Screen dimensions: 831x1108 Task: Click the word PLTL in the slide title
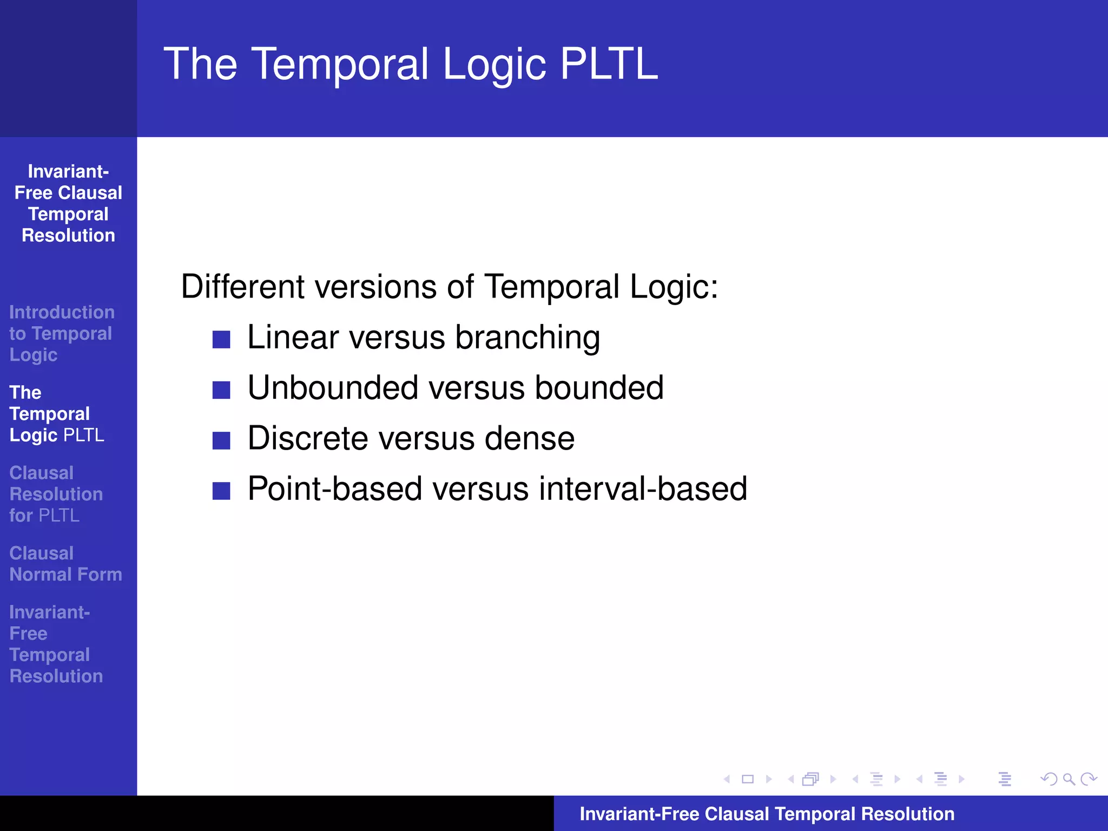[x=609, y=64]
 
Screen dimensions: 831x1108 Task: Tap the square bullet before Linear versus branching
[x=221, y=339]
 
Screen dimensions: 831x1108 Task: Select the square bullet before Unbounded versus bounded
[x=221, y=390]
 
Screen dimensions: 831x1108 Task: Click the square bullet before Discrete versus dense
[x=221, y=440]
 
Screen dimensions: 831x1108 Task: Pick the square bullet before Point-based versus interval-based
[x=221, y=491]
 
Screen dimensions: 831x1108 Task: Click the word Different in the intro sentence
[x=243, y=286]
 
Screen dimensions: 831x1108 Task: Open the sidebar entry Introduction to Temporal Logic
[x=61, y=333]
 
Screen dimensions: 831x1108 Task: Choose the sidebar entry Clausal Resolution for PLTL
[x=56, y=494]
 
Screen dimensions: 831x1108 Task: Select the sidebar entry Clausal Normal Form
[x=65, y=564]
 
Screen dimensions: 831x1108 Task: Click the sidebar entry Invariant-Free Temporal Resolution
[x=56, y=644]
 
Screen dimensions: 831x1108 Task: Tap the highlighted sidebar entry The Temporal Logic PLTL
[x=56, y=414]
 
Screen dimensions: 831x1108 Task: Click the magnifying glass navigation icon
[x=1069, y=779]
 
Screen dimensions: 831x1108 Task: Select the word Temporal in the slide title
[x=341, y=64]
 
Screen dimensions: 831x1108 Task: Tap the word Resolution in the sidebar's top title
[x=68, y=235]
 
